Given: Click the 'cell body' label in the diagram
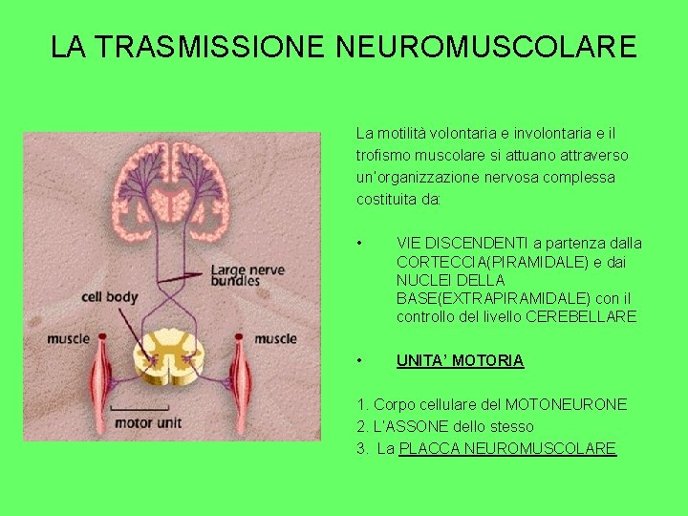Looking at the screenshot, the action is tap(110, 297).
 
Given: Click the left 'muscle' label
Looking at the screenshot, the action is tap(69, 338).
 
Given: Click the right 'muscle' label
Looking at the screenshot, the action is tap(275, 338).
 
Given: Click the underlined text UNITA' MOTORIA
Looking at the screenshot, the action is tap(460, 360).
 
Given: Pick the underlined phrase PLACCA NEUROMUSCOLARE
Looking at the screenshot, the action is tap(507, 448).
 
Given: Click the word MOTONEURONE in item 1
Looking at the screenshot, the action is tap(567, 404).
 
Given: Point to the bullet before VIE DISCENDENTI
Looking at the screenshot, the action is tap(358, 243).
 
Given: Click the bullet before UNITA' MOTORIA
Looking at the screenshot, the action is tap(358, 360).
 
